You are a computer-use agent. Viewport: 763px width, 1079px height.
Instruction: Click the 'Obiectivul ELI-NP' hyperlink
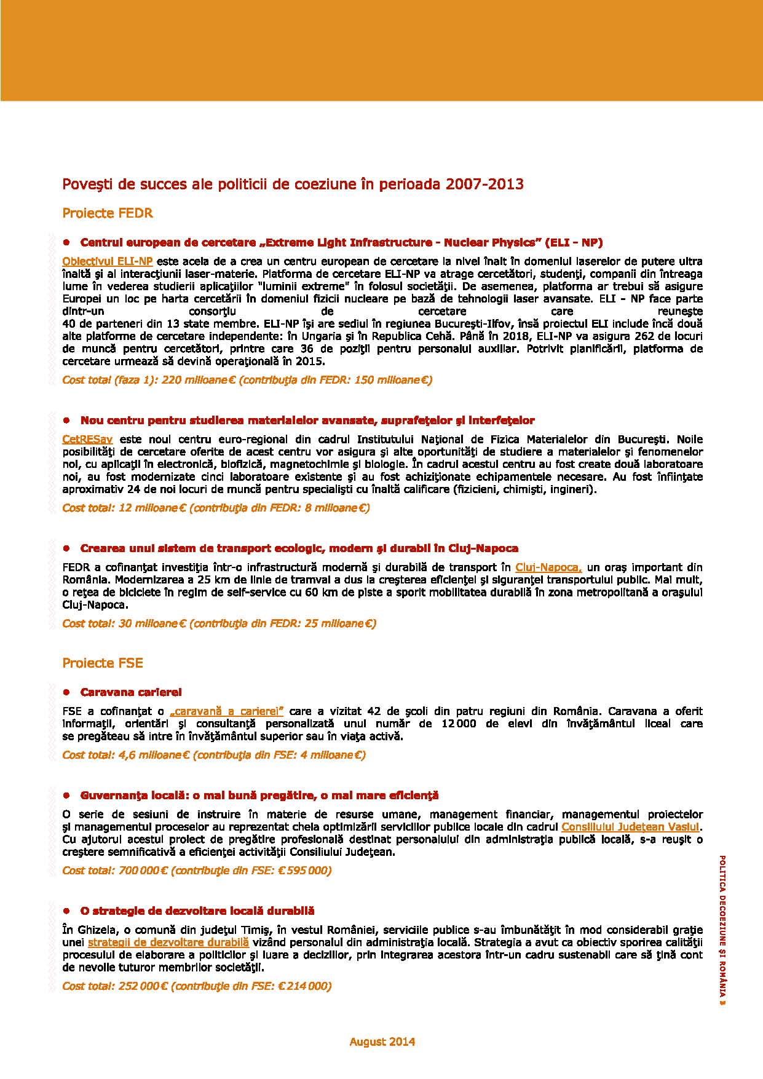point(108,261)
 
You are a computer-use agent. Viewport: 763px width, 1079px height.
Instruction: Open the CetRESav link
point(87,439)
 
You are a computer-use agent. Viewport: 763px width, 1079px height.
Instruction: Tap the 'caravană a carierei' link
point(226,711)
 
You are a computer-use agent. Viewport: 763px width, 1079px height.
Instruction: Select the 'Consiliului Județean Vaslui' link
point(630,827)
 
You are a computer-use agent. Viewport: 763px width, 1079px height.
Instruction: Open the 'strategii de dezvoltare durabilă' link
point(168,942)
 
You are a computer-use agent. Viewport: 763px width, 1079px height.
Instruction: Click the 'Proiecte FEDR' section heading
point(108,213)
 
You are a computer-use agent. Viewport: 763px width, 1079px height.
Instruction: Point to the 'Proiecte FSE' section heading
point(103,663)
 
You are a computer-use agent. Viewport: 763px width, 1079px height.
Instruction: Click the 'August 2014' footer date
point(382,1041)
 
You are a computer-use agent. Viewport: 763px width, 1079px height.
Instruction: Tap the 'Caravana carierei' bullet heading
point(131,692)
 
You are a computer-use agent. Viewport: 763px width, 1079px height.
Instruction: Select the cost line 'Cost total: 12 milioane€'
point(216,508)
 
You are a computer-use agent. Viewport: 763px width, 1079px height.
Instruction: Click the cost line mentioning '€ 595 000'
point(197,871)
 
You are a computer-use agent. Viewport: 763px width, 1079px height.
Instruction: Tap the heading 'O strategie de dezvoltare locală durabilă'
point(197,911)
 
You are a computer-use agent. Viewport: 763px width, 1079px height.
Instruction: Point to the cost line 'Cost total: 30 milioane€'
point(219,623)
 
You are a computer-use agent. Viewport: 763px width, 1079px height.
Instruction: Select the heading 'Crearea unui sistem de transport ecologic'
point(299,548)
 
